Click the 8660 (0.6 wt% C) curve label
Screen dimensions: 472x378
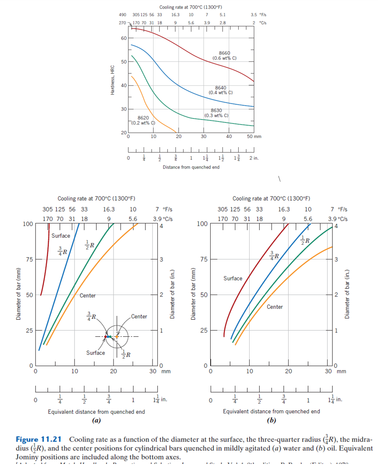(x=224, y=55)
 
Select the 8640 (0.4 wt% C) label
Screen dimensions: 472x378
(x=220, y=90)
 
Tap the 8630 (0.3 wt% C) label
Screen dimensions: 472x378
(x=216, y=113)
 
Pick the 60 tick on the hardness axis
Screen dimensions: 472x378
(x=124, y=38)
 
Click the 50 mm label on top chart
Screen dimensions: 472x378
(x=254, y=137)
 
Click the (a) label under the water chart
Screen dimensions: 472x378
(x=96, y=420)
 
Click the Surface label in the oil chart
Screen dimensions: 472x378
(x=233, y=278)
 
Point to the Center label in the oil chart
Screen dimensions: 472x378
(x=275, y=307)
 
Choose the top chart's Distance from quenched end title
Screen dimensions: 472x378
(x=191, y=167)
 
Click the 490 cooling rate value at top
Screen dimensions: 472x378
(x=122, y=15)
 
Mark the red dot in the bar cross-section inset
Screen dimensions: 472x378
(x=105, y=337)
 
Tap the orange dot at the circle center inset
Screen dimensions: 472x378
(x=116, y=337)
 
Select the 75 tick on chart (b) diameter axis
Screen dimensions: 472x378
(x=202, y=259)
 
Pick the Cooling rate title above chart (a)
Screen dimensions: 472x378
(x=96, y=199)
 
